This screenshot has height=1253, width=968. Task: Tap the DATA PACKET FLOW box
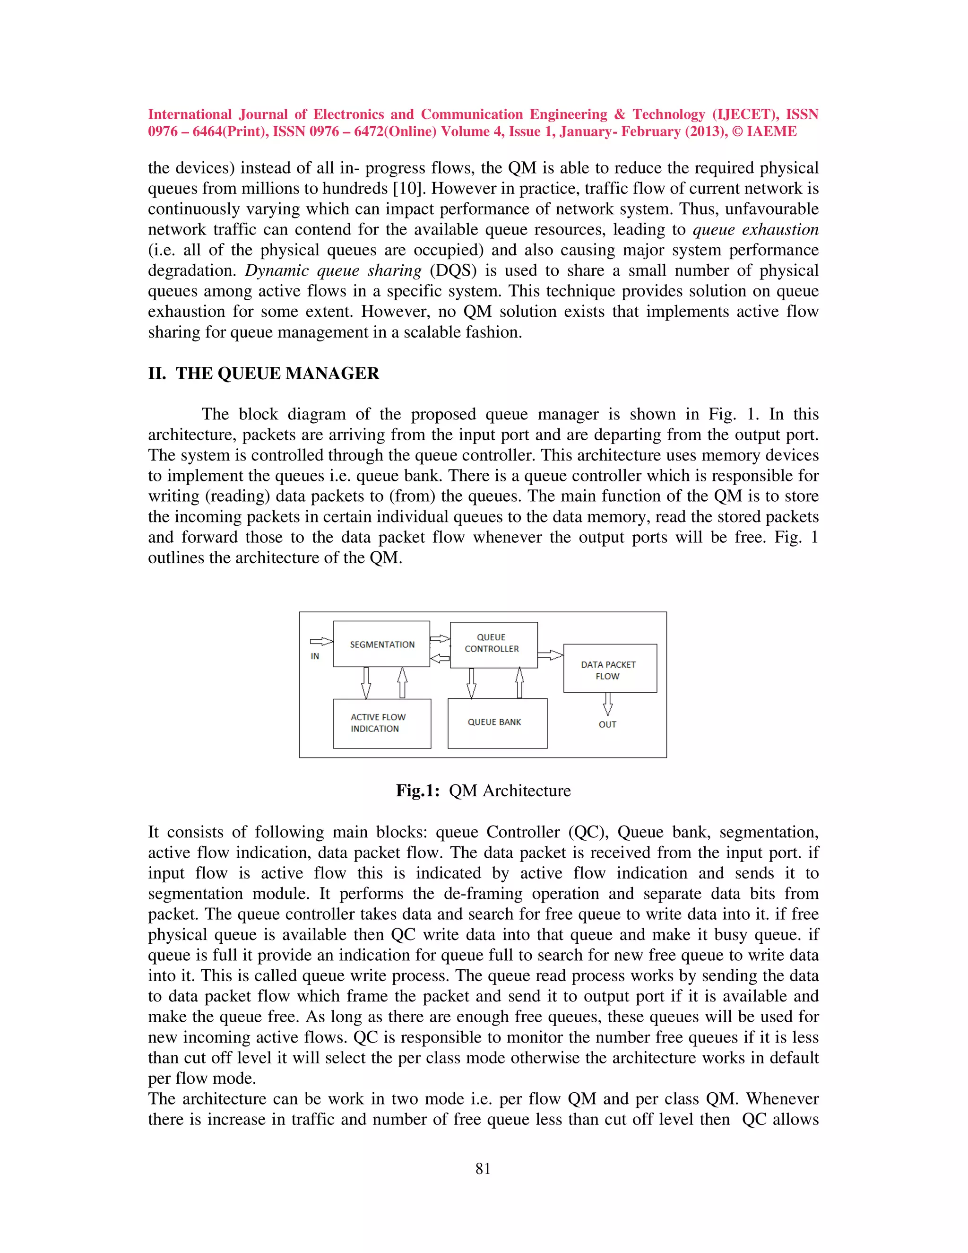pos(610,669)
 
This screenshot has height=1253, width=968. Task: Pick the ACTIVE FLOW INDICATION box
pos(382,723)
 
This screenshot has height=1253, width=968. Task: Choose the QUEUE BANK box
pos(497,723)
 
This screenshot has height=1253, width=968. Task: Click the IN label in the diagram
pos(315,656)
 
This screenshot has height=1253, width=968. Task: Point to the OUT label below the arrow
pos(607,724)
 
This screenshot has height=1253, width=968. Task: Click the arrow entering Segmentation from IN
pos(321,642)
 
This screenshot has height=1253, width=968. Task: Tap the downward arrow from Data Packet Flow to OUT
pos(608,704)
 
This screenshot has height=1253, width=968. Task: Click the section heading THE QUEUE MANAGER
pos(277,374)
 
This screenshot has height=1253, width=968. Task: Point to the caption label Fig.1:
pos(417,791)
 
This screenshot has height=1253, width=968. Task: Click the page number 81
pos(483,1169)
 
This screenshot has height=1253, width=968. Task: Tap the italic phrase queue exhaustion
pos(755,229)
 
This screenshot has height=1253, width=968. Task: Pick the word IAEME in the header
pos(771,131)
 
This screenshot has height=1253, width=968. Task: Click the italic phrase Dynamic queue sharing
pos(333,271)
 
